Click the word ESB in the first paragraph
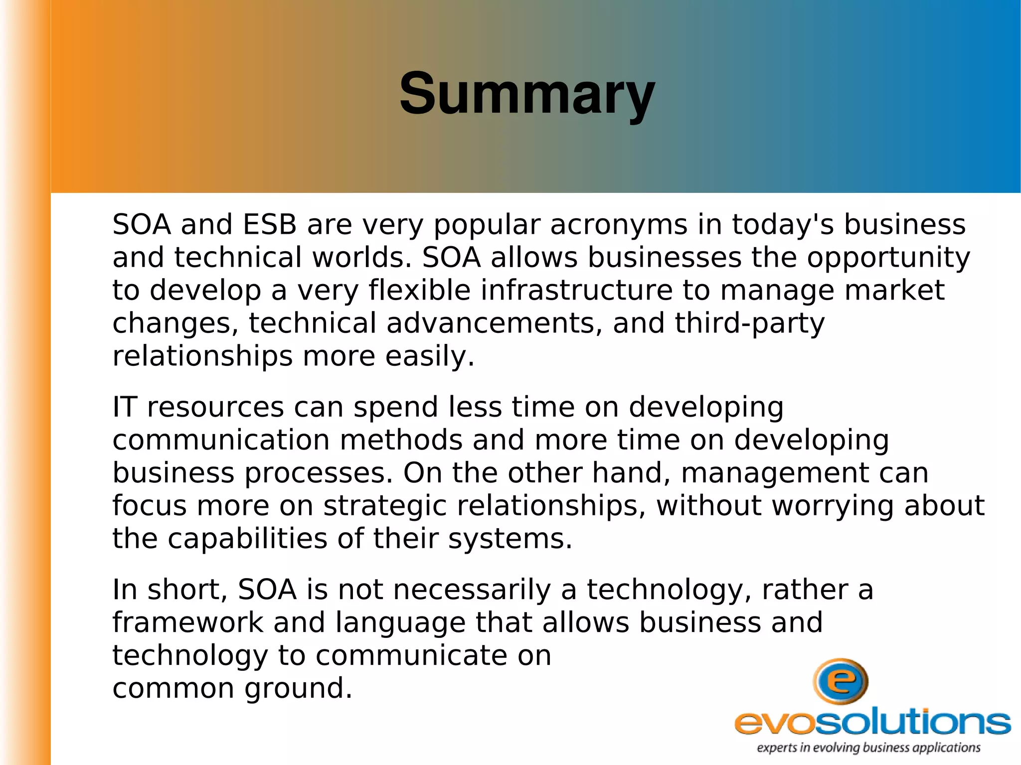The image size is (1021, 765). [x=270, y=225]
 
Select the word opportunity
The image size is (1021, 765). [x=888, y=259]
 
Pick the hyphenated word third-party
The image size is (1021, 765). [x=749, y=324]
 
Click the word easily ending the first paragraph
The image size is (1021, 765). [x=430, y=357]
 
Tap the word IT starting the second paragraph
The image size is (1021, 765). [x=124, y=407]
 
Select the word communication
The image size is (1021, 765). [x=221, y=440]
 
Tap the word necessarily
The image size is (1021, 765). [x=472, y=590]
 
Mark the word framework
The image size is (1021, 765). [x=187, y=622]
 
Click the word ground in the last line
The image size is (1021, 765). [x=298, y=689]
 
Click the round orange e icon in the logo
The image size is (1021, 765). [x=841, y=681]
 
